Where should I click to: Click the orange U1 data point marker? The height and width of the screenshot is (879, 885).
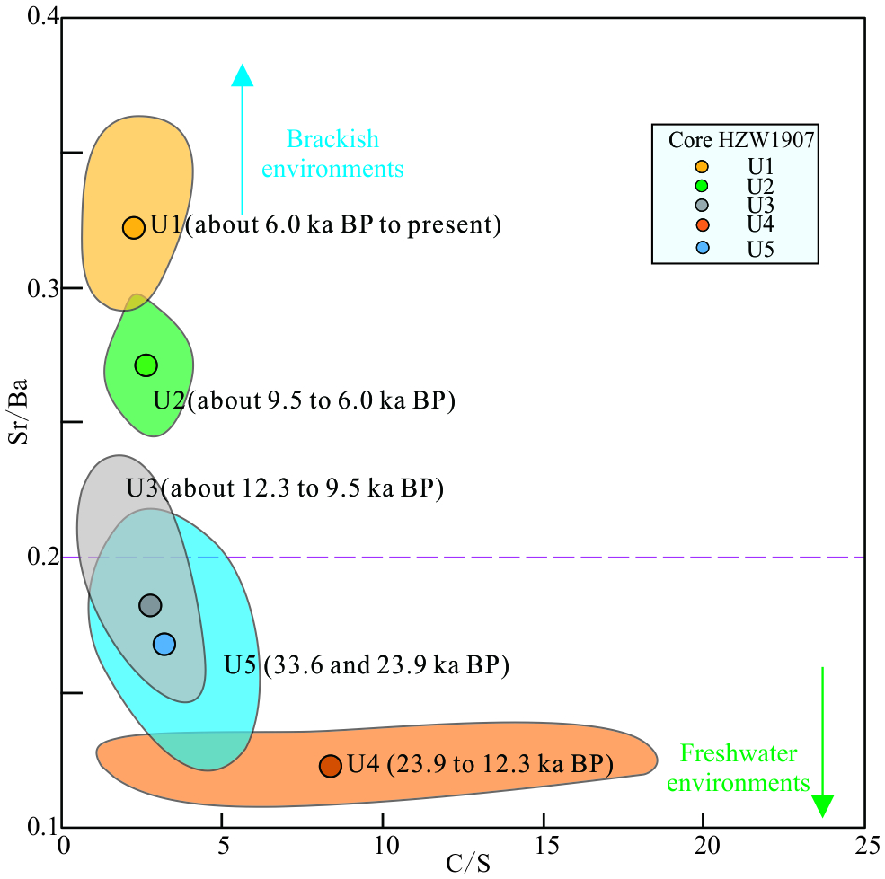click(134, 228)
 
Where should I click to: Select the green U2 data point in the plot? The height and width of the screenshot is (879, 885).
click(146, 365)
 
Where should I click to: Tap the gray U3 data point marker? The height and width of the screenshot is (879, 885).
click(150, 606)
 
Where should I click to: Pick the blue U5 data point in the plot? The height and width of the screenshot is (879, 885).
click(164, 644)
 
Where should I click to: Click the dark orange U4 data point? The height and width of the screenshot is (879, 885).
click(331, 766)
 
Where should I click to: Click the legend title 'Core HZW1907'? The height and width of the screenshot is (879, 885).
click(735, 140)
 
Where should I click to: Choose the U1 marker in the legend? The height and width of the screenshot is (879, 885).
click(702, 167)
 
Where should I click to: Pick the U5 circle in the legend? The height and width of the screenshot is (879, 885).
click(702, 249)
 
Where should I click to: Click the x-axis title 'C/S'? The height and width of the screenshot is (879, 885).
click(468, 865)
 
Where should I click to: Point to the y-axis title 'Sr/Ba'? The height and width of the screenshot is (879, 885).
click(20, 423)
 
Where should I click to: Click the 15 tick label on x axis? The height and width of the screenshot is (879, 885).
click(544, 848)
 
